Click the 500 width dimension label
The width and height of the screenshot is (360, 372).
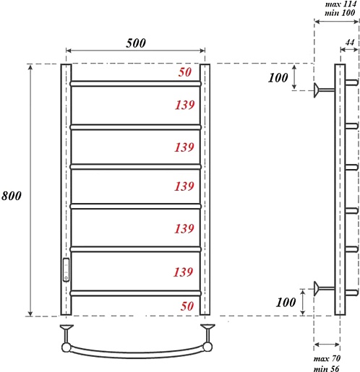(x=136, y=43)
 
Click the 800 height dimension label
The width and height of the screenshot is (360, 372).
(x=12, y=196)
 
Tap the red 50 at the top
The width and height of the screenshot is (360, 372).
(x=185, y=72)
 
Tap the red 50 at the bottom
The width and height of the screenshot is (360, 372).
(x=187, y=306)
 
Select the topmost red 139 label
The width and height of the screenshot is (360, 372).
(x=184, y=105)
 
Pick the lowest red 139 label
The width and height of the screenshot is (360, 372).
(x=184, y=272)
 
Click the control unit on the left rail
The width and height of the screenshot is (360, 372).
(x=66, y=269)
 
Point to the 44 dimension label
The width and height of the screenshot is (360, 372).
(x=350, y=43)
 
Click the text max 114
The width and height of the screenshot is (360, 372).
(x=340, y=4)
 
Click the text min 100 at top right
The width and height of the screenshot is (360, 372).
(x=340, y=12)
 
